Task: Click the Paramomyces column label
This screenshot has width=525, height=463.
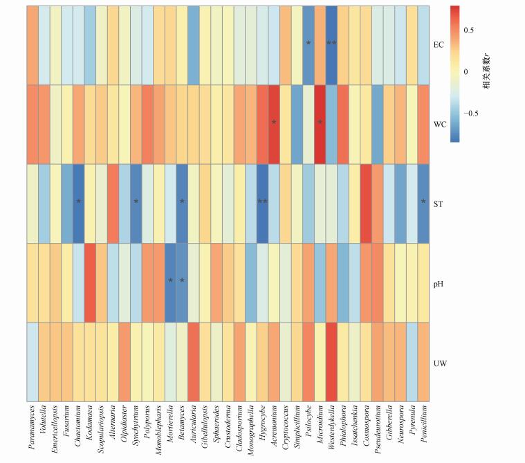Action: tap(33, 429)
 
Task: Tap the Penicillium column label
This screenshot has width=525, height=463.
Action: tap(423, 427)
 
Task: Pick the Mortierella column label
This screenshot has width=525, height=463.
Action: tap(171, 427)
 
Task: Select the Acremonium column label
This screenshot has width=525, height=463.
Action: tap(274, 427)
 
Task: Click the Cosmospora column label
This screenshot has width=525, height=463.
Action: tap(366, 427)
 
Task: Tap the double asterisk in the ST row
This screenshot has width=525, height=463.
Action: tap(263, 202)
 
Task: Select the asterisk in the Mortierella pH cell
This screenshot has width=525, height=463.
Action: tap(171, 282)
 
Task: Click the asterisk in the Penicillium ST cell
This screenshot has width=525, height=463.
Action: tap(423, 202)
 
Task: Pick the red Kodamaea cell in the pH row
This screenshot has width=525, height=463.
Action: tap(90, 282)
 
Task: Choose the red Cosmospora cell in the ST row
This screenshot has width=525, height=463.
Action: tap(366, 203)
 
